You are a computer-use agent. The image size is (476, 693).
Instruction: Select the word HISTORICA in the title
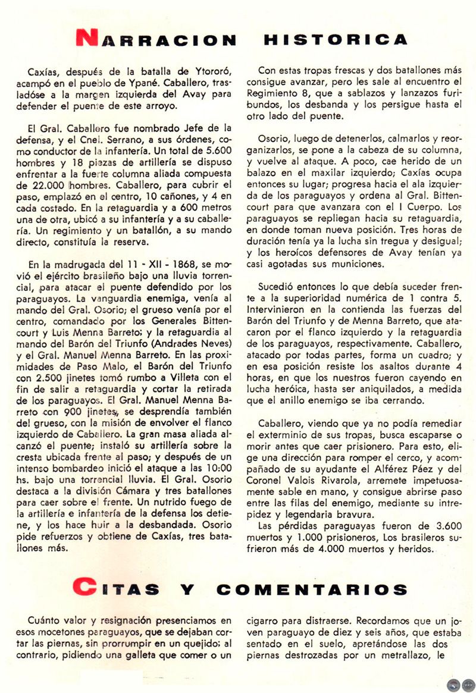335,40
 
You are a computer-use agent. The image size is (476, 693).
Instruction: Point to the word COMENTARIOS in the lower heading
312,589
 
